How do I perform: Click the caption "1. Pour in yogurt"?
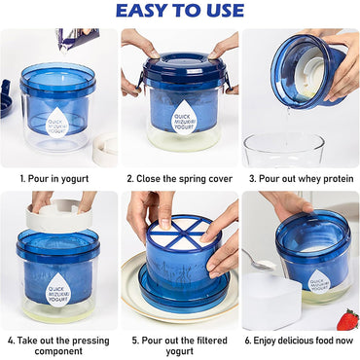tap(54, 179)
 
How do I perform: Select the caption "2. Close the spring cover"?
tap(180, 179)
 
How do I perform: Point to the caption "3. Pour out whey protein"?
tap(301, 179)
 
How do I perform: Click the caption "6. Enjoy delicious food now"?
tap(299, 341)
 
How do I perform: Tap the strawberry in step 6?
tap(347, 319)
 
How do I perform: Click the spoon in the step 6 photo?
tap(259, 261)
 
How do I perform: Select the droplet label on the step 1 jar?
tap(57, 123)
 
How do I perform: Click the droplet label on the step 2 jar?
tap(183, 118)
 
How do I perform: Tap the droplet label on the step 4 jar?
tap(57, 289)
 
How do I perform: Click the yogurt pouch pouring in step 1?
tap(78, 39)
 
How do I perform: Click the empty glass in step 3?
tap(284, 150)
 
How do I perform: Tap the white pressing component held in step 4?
tap(59, 216)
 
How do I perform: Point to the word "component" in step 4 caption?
tap(58, 351)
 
